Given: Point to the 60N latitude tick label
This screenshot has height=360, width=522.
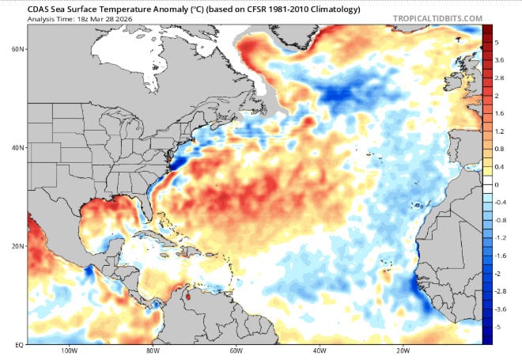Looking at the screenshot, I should click(16, 48).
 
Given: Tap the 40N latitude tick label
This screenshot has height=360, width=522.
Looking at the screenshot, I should click(16, 147).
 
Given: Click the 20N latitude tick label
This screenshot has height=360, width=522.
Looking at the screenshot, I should click(16, 246).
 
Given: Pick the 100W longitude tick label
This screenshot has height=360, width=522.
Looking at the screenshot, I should click(68, 351).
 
